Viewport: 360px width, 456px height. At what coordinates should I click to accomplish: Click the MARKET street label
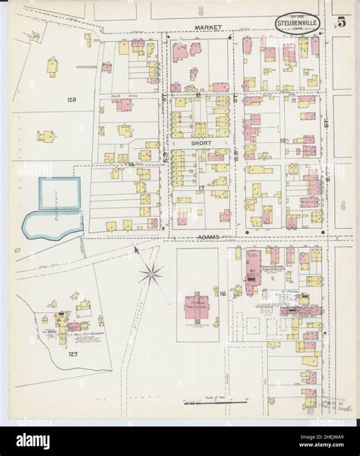coord(207,27)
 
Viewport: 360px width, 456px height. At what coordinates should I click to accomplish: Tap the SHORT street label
coord(201,142)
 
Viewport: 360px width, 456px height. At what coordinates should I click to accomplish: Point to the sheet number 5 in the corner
coord(342,22)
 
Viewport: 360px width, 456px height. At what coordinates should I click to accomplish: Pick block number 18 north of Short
coord(197,96)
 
